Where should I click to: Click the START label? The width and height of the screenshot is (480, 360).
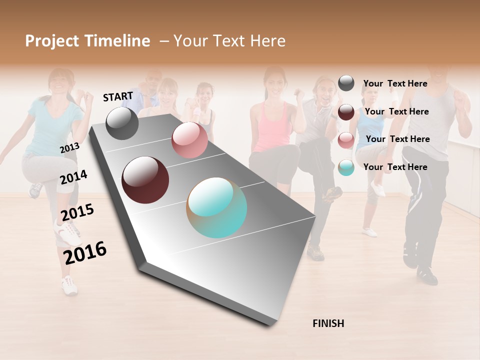tap(118, 96)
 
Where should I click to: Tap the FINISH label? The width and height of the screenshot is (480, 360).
tap(328, 323)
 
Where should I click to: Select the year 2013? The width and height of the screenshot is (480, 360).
tap(69, 147)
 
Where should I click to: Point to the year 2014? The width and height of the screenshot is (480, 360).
tap(73, 177)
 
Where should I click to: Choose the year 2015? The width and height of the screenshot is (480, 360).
tap(77, 212)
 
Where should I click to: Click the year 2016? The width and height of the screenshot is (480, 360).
tap(85, 252)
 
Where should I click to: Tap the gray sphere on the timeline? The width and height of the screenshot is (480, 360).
tap(122, 123)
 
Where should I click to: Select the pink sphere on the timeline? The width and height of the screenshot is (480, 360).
tap(189, 140)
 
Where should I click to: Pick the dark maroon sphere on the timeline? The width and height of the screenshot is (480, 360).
tap(145, 180)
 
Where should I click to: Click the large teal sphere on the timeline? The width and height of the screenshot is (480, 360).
tap(217, 207)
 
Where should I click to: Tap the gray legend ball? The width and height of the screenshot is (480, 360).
tap(346, 83)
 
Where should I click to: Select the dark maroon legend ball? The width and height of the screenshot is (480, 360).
tap(346, 112)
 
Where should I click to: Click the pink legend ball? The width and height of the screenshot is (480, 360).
tap(346, 140)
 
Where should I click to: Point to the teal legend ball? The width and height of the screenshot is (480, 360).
tap(346, 167)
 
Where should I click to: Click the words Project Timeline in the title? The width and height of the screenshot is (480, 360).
tap(87, 41)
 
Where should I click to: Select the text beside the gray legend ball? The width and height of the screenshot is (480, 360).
tap(395, 83)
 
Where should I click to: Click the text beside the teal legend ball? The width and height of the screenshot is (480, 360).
tap(395, 167)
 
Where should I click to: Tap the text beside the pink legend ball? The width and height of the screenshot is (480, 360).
tap(397, 139)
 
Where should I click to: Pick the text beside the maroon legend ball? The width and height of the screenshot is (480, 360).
tap(396, 111)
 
